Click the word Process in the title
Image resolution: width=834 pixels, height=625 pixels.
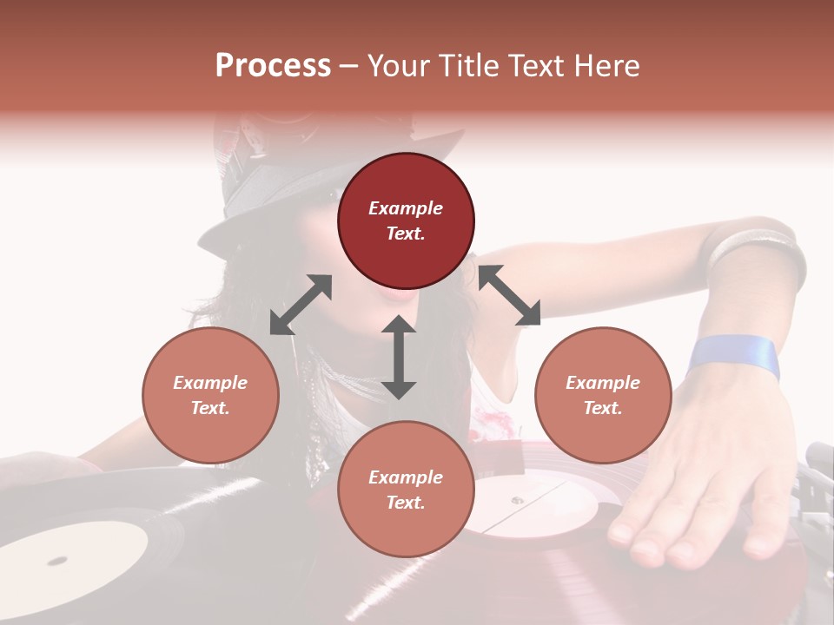273,66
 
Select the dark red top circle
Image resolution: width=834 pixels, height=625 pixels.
406,220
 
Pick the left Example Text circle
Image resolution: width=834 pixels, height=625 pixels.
210,395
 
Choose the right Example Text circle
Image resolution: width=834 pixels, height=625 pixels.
603,395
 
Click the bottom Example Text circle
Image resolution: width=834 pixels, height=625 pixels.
406,490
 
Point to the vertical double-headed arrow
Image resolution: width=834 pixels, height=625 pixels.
399,357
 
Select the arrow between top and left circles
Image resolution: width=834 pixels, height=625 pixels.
301,305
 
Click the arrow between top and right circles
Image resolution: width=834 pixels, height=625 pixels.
509,295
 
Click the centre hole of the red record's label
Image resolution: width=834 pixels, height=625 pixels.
517,500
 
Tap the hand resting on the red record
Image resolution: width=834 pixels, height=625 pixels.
695,486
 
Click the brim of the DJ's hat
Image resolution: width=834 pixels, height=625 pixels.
261,208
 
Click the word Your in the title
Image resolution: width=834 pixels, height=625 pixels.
397,66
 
